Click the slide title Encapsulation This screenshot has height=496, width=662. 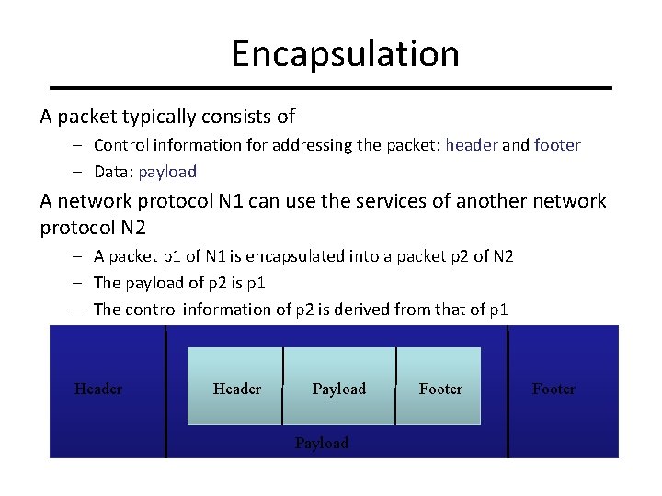coord(345,54)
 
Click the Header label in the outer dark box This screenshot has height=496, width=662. coord(98,389)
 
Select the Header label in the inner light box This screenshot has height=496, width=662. coord(236,389)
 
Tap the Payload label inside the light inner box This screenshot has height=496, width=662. coord(338,389)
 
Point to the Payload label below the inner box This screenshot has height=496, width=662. coord(322,443)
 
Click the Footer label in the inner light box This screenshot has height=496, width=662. coord(440,389)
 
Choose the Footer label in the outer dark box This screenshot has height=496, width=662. coord(554,389)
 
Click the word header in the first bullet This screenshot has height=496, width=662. coord(471,145)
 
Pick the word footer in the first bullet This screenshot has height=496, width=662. coord(556,145)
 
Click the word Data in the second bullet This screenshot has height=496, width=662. coord(111,172)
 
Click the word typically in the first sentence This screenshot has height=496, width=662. coord(154,117)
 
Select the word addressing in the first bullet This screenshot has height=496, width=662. coord(285,145)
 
